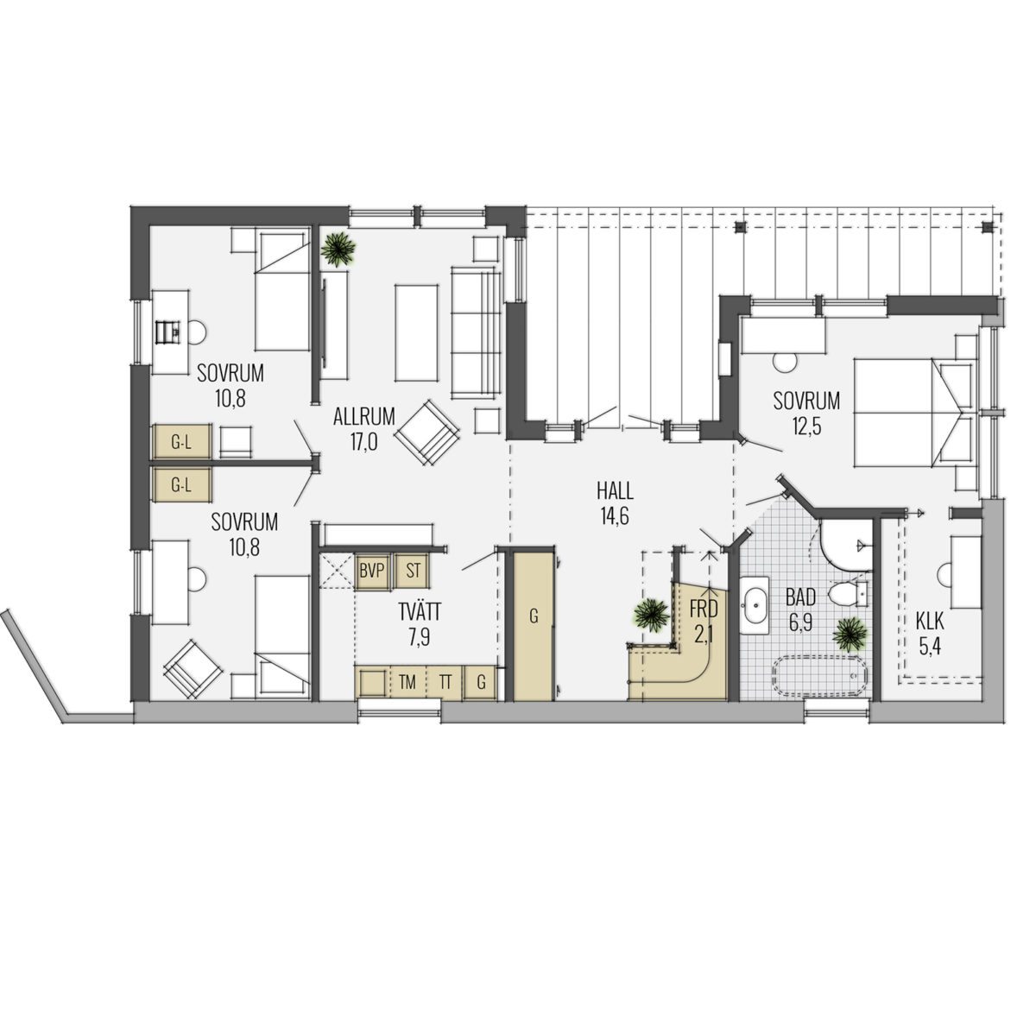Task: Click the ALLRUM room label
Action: (x=364, y=417)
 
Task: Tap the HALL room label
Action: (x=615, y=491)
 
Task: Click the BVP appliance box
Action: (x=373, y=571)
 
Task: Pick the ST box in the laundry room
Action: (x=413, y=571)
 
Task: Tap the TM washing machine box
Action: (x=407, y=683)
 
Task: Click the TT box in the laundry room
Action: (x=445, y=683)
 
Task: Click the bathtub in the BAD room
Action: (x=820, y=676)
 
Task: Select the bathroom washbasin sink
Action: (x=755, y=605)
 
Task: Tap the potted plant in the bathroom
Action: (x=850, y=635)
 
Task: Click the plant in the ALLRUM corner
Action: (x=338, y=250)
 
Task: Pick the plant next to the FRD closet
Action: (x=651, y=615)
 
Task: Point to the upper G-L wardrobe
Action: (x=181, y=442)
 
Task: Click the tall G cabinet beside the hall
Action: (x=534, y=625)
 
